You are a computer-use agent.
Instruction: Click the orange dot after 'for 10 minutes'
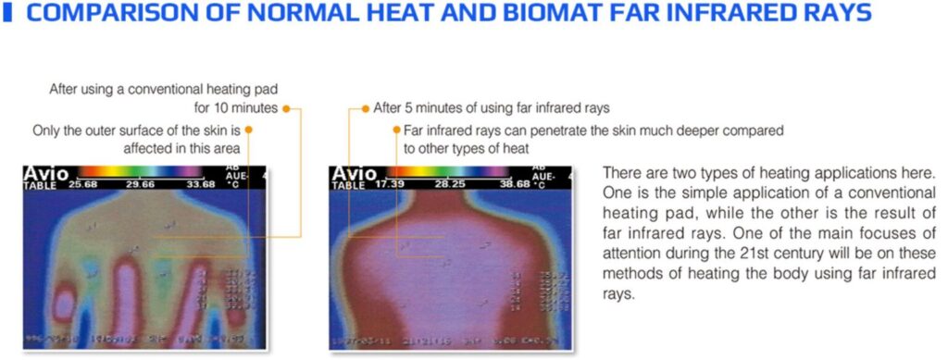click(x=287, y=108)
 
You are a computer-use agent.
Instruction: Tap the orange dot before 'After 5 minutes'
click(x=366, y=108)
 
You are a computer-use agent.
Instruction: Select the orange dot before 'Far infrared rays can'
click(x=396, y=130)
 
